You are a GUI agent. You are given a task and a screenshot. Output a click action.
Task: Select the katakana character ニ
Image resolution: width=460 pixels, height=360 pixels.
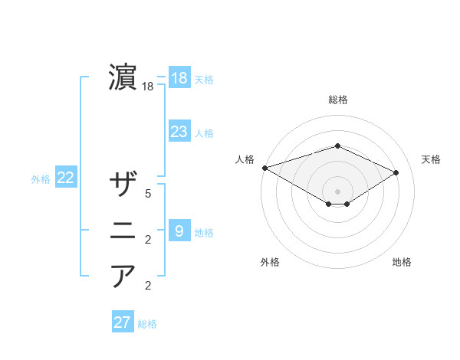[123, 231]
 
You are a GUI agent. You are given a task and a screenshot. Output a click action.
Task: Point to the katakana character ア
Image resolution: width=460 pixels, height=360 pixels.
[123, 276]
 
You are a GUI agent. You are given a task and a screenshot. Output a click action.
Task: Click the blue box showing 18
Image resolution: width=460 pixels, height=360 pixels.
[179, 78]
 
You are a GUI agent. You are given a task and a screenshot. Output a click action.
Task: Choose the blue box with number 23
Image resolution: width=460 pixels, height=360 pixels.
[179, 132]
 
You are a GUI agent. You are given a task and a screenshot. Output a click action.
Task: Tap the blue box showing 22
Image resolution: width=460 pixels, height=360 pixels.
[66, 178]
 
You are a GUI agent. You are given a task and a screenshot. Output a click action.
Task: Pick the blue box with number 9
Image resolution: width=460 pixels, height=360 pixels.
[179, 231]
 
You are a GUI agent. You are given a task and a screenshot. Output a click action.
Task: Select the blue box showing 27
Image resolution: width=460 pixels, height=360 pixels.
[123, 322]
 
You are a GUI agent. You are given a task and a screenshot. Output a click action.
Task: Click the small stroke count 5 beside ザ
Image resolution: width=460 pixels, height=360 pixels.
[148, 195]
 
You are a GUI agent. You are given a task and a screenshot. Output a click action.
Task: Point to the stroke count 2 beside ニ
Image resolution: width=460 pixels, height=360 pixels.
[148, 241]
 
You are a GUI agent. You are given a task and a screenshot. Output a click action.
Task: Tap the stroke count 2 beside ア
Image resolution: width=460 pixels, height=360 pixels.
[148, 286]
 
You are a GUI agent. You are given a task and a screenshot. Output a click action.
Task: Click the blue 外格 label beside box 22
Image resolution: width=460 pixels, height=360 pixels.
[41, 179]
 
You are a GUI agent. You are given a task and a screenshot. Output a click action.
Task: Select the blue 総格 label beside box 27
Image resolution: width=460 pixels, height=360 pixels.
[147, 324]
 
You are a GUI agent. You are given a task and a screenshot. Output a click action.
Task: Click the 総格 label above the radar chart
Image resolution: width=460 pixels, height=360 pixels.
[337, 100]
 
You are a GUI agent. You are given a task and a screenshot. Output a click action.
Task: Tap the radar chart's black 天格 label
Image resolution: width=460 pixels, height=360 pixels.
[432, 159]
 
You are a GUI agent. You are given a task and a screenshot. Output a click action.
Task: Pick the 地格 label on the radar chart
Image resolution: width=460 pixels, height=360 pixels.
[402, 262]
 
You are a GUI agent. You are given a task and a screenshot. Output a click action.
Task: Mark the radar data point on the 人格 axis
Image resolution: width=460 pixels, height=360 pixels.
[264, 167]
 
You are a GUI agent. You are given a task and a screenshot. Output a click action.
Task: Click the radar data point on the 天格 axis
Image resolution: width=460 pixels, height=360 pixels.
[396, 172]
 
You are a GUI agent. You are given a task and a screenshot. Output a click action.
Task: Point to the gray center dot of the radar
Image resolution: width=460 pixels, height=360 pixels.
[337, 191]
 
